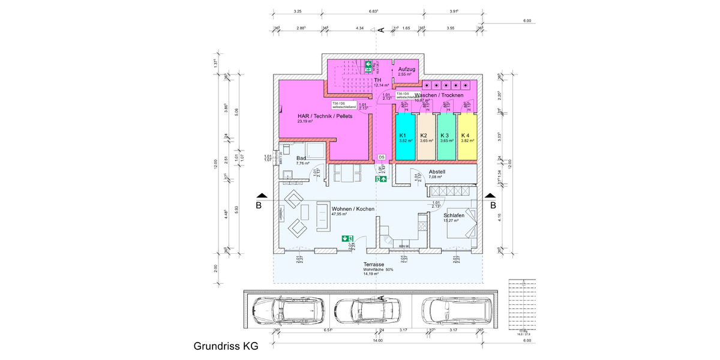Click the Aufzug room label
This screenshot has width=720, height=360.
[x=406, y=70]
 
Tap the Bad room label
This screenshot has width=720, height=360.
[x=302, y=158]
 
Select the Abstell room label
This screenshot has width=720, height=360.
[x=437, y=172]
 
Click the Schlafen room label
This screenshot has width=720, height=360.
[x=454, y=215]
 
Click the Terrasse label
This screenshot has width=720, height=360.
[x=374, y=265]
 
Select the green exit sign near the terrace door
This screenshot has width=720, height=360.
[x=346, y=238]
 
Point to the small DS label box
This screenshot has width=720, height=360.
[x=381, y=157]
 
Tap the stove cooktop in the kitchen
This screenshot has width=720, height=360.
[x=422, y=226]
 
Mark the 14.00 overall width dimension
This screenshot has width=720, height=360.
[x=377, y=341]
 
